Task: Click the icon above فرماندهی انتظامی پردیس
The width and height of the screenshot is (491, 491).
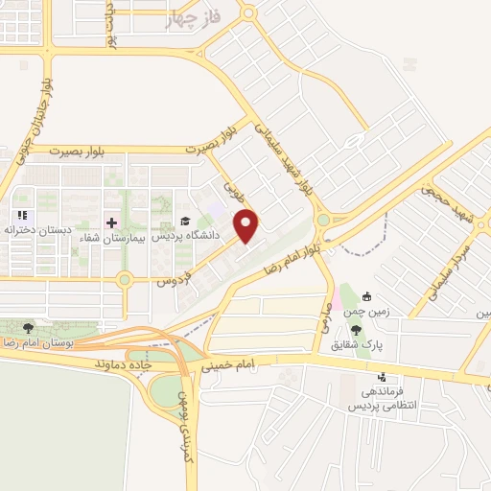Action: coord(383,377)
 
